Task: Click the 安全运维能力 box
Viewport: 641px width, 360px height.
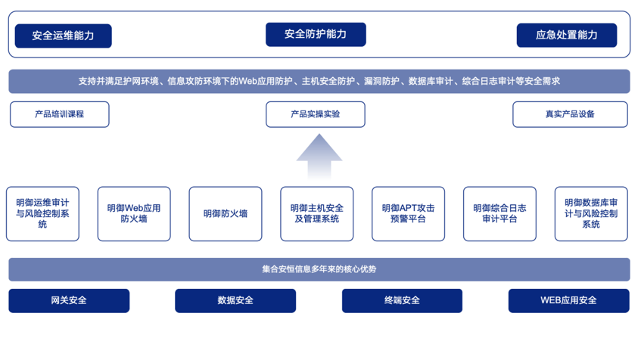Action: point(64,36)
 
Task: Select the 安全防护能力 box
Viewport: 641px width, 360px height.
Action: point(316,34)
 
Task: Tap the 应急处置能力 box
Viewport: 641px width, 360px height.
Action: point(566,35)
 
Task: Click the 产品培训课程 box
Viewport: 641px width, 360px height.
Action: point(60,114)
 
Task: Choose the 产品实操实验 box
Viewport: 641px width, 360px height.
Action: point(316,114)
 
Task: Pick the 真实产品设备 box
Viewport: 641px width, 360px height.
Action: point(570,114)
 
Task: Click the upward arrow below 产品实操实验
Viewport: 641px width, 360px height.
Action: point(319,157)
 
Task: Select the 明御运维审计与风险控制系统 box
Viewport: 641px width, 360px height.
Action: point(42,213)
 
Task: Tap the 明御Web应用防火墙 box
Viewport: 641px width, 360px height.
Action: point(134,213)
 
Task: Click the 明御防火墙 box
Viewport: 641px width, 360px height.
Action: point(226,213)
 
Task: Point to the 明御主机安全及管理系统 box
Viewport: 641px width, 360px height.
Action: point(317,213)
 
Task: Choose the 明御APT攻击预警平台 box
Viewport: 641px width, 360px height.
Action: point(408,213)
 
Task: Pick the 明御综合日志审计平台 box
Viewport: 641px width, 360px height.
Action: point(499,213)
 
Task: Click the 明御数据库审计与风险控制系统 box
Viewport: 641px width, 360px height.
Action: point(591,213)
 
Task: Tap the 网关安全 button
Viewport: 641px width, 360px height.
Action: point(69,300)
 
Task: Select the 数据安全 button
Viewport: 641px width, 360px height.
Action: point(235,300)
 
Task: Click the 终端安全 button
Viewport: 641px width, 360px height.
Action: point(402,300)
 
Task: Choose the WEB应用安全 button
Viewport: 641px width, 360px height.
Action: point(568,300)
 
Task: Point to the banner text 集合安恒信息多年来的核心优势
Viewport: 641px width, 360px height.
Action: point(319,269)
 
